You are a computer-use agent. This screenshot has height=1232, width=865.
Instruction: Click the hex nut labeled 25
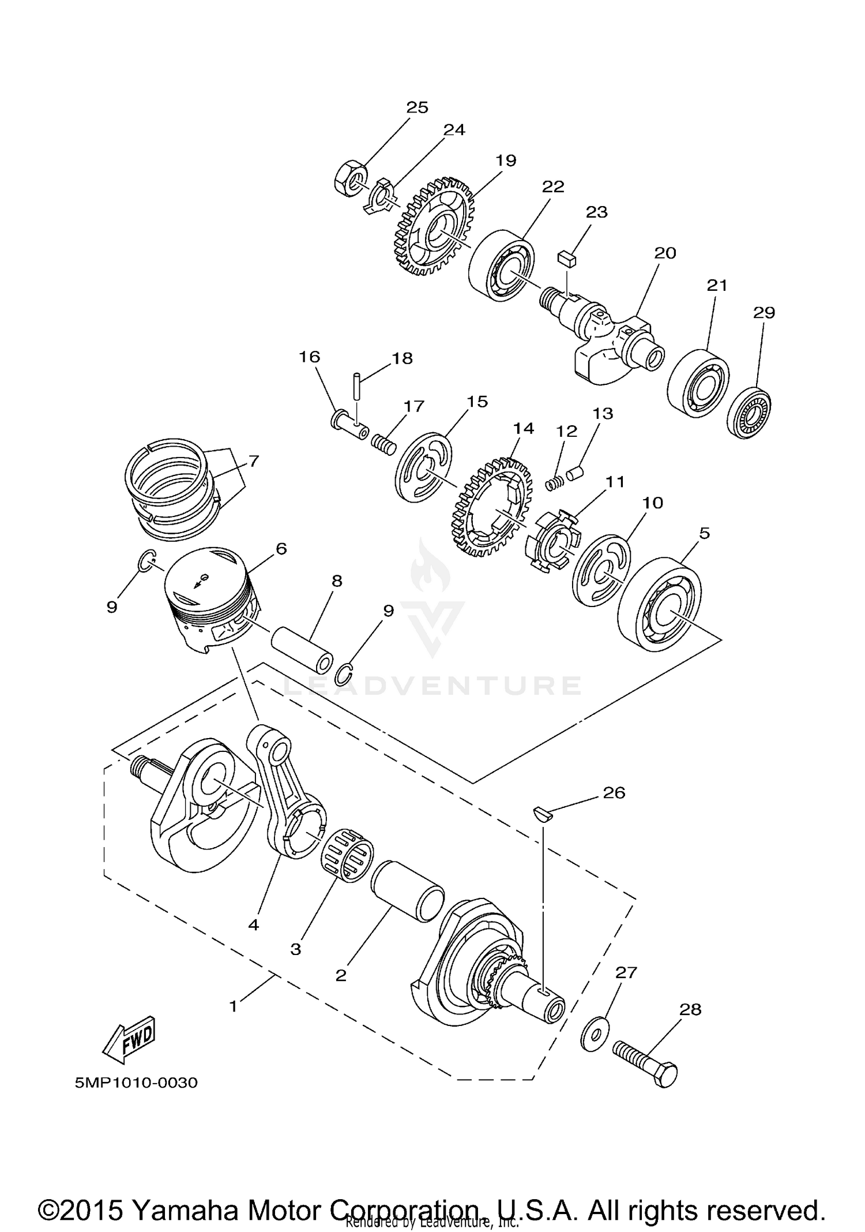point(349,178)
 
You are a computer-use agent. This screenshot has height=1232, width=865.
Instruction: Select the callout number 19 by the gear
point(506,160)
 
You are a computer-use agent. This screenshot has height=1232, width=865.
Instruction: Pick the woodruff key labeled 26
point(543,814)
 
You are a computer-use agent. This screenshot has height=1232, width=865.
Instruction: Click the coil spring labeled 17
point(383,445)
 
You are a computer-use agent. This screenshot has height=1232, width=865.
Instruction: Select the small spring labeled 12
point(554,483)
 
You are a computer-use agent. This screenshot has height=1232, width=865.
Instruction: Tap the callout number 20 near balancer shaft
point(665,253)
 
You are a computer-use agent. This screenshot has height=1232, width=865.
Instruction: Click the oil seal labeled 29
point(749,415)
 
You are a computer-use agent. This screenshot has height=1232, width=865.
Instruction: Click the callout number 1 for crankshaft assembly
point(233,1007)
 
